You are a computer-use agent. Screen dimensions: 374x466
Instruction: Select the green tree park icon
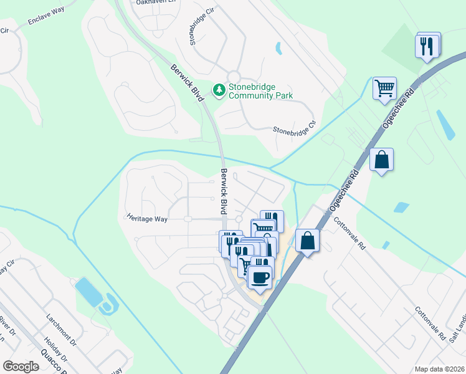(x=219, y=91)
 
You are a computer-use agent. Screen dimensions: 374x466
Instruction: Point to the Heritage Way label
(x=148, y=219)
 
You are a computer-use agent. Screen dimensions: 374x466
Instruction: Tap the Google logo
(x=21, y=367)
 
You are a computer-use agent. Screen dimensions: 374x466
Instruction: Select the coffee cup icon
(x=260, y=276)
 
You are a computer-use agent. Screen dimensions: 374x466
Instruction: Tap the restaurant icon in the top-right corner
(x=427, y=46)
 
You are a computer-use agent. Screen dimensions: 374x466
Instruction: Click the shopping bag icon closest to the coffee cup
(x=307, y=240)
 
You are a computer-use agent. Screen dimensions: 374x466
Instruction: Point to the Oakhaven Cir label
(x=153, y=2)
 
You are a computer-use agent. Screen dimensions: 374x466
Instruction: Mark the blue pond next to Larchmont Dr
(x=88, y=292)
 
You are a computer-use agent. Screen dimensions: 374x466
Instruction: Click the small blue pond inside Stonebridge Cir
(x=278, y=47)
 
